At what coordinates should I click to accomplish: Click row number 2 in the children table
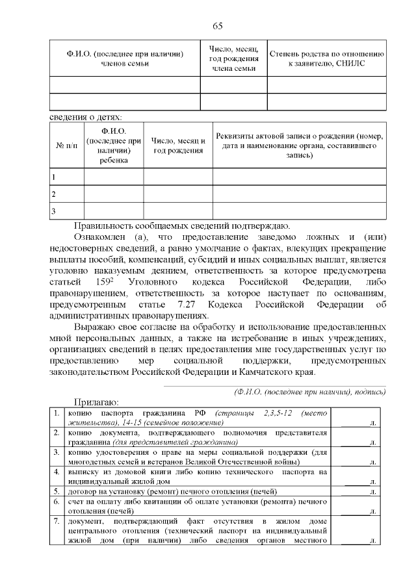point(53,194)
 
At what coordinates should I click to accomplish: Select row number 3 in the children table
point(53,211)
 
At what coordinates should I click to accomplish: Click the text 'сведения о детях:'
point(86,118)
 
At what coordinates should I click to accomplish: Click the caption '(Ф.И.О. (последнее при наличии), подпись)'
point(309,392)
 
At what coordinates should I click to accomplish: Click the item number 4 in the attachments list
point(57,470)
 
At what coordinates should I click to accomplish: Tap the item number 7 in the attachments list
point(57,522)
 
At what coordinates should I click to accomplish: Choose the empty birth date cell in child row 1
point(177,177)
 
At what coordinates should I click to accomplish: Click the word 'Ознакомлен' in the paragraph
point(99,238)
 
